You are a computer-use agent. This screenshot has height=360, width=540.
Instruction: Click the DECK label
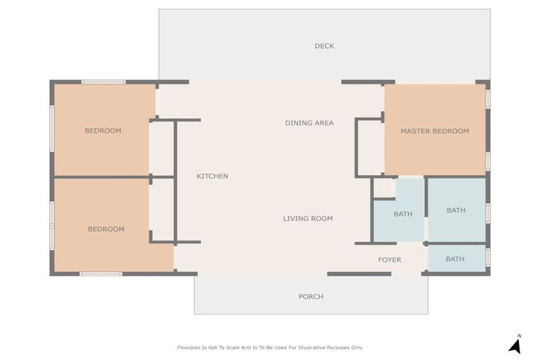[324, 46]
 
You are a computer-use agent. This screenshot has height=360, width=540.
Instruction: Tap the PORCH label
[311, 297]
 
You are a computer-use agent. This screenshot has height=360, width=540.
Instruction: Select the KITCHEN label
[212, 176]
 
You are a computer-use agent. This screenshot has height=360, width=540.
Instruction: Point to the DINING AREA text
[309, 122]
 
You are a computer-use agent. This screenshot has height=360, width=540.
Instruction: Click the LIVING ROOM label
[308, 219]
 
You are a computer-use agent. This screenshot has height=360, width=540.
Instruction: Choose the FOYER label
[390, 259]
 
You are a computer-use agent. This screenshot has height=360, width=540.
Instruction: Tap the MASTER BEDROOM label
[435, 131]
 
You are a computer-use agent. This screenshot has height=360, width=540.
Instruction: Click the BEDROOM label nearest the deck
[103, 131]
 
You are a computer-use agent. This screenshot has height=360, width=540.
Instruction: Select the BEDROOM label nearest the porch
[106, 229]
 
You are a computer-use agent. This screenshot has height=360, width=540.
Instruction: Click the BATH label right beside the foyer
[455, 259]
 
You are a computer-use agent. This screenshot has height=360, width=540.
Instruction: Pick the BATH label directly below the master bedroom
[456, 210]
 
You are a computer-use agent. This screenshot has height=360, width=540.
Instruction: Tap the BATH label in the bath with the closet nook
[403, 214]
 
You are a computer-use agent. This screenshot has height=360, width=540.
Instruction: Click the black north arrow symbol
[515, 347]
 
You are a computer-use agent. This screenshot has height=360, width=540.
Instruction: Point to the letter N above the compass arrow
[520, 336]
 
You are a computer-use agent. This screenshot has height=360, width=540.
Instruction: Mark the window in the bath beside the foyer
[488, 257]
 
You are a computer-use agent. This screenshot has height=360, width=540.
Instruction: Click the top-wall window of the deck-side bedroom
[103, 82]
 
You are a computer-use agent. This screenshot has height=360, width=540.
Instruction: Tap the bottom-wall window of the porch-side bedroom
[101, 274]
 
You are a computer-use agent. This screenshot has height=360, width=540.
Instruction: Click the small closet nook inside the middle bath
[385, 188]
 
